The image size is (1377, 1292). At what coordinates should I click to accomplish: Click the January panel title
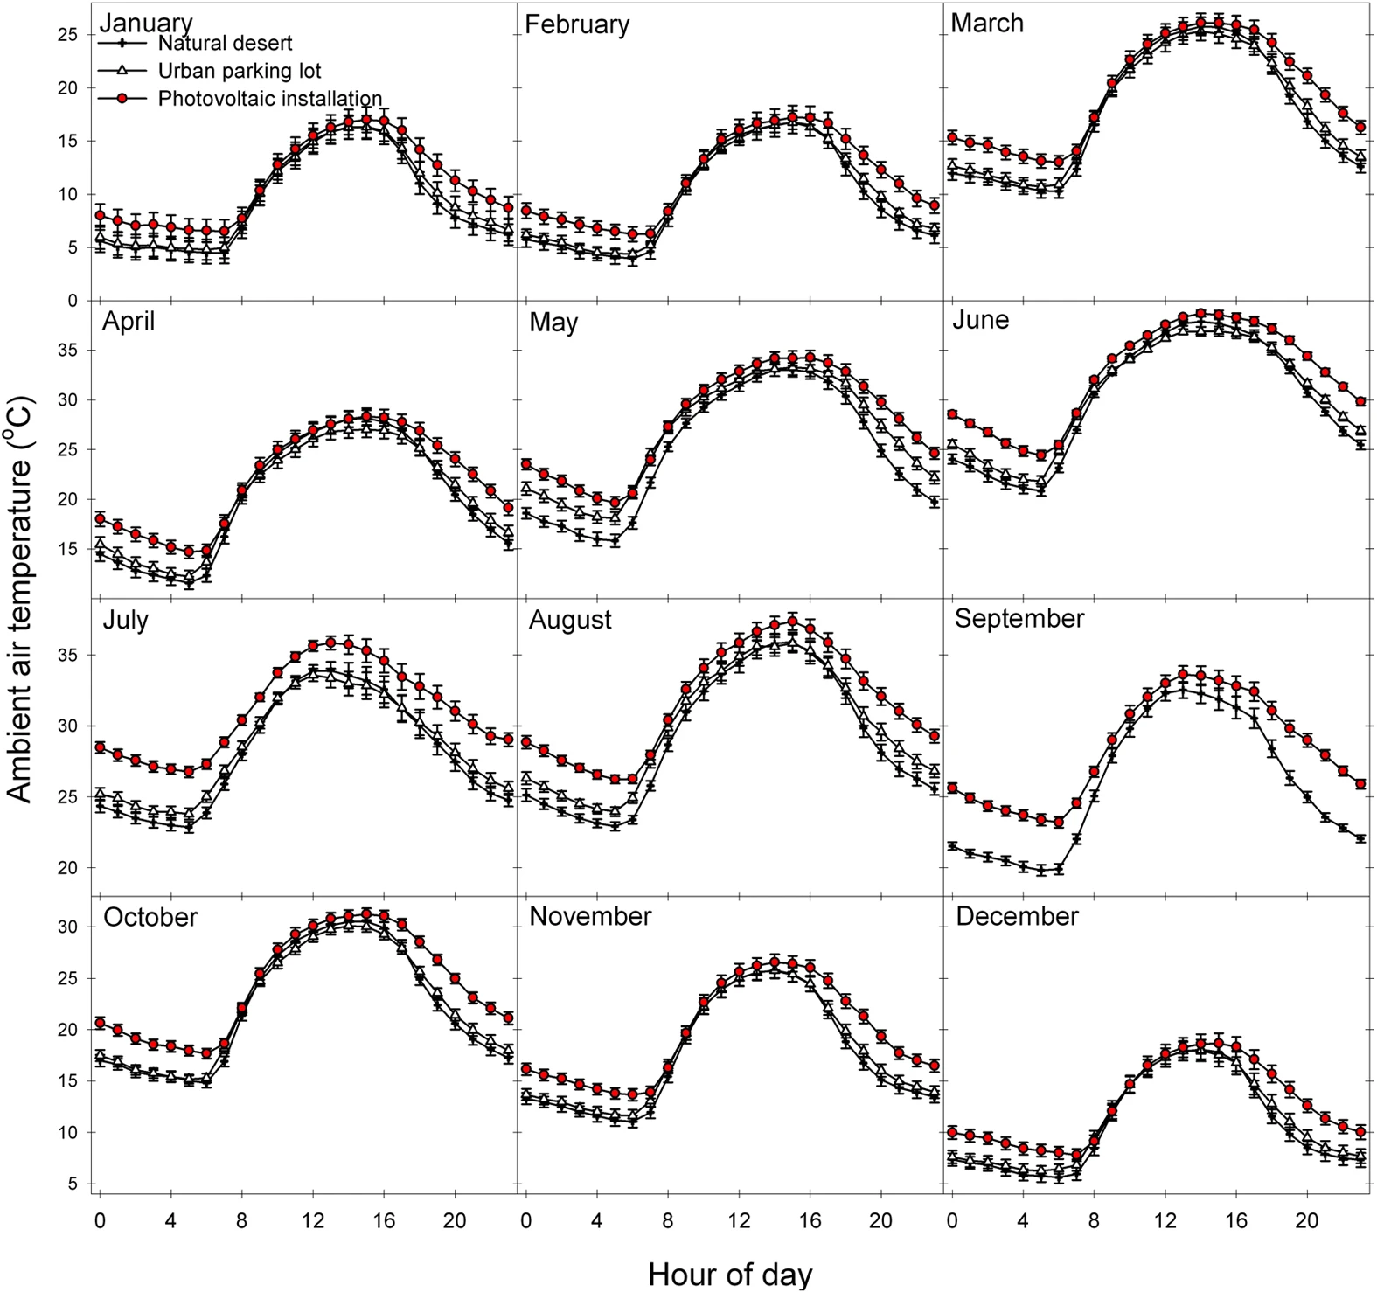(x=147, y=23)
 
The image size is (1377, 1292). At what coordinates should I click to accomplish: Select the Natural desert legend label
(x=225, y=43)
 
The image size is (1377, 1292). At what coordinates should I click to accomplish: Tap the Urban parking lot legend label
(x=240, y=71)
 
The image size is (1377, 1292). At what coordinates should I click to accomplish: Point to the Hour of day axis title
(x=730, y=1275)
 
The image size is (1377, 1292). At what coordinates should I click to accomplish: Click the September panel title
(x=1019, y=619)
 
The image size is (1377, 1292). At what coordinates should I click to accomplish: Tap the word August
(x=570, y=620)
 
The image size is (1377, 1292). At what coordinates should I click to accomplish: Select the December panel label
(x=1017, y=916)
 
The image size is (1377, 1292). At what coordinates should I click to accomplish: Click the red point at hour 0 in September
(x=953, y=788)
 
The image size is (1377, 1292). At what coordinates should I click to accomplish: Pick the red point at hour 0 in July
(x=100, y=747)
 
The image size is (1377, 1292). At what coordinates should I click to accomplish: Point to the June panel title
(x=980, y=320)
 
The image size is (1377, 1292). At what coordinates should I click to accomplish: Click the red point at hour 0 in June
(x=953, y=414)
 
